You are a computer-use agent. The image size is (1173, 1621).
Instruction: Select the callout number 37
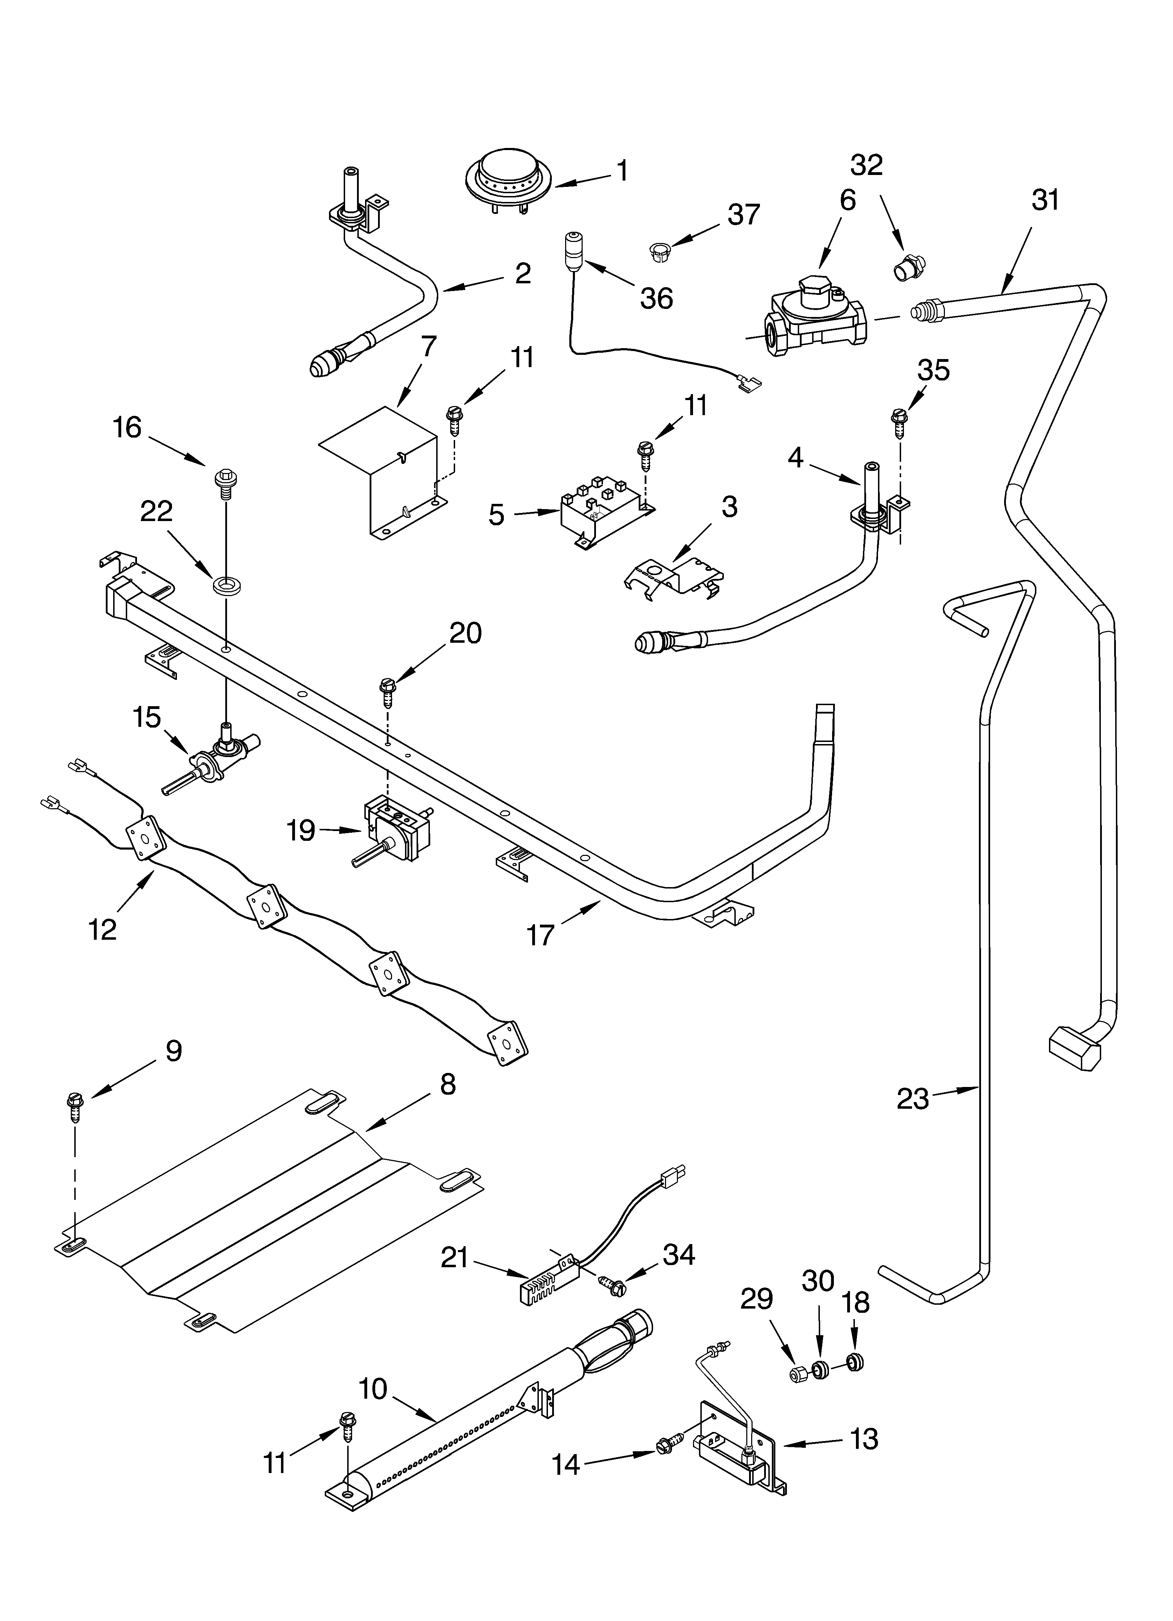(744, 215)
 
